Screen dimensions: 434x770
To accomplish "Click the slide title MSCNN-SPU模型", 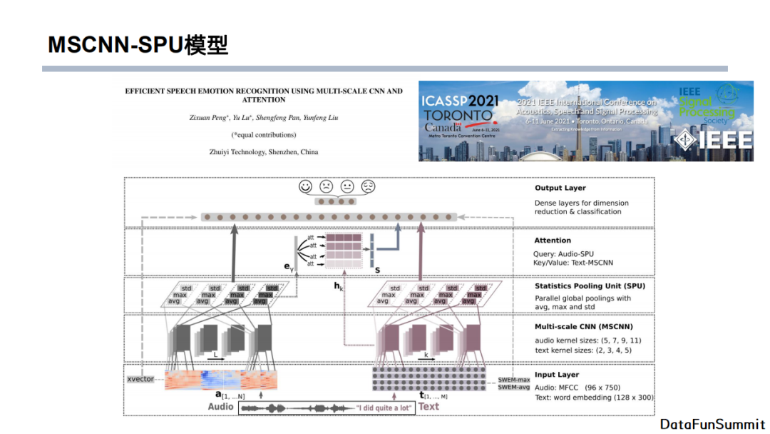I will pyautogui.click(x=138, y=45).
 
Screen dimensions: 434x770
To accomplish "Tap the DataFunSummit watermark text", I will pyautogui.click(x=712, y=424).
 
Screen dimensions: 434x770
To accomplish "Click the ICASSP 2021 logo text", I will pyautogui.click(x=460, y=102).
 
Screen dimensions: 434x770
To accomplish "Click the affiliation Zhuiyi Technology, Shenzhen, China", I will pyautogui.click(x=263, y=152).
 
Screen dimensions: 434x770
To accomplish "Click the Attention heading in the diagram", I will pyautogui.click(x=553, y=241).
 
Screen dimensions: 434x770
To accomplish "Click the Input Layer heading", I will pyautogui.click(x=556, y=375).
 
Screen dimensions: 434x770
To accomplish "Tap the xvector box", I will pyautogui.click(x=140, y=379).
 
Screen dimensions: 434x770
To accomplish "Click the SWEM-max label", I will pyautogui.click(x=513, y=379).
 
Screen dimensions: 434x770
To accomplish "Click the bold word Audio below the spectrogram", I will pyautogui.click(x=221, y=407).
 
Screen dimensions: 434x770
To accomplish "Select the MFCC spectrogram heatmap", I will pyautogui.click(x=220, y=380).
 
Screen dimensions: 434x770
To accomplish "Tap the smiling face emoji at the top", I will pyautogui.click(x=305, y=186).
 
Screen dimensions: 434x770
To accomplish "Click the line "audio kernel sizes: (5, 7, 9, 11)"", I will pyautogui.click(x=587, y=340).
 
